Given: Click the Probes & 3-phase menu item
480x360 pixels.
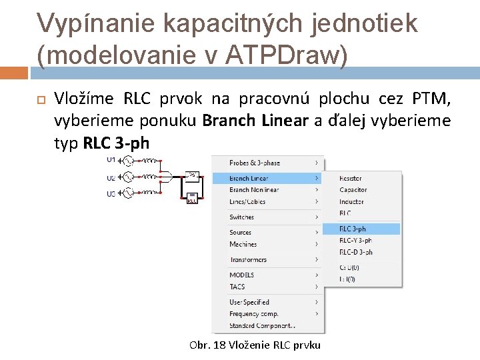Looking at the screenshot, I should pyautogui.click(x=255, y=163).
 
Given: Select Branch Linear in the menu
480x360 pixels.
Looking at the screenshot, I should pyautogui.click(x=249, y=179).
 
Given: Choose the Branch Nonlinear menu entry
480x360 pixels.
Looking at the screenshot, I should pyautogui.click(x=254, y=190).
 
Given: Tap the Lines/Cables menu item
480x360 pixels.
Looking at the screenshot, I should pyautogui.click(x=247, y=201).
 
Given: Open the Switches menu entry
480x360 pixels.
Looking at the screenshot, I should pyautogui.click(x=241, y=217).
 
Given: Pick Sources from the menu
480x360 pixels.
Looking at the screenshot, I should pyautogui.click(x=240, y=233).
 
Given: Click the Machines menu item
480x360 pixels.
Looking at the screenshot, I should pyautogui.click(x=243, y=244).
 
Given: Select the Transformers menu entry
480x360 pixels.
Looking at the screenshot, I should pyautogui.click(x=248, y=259).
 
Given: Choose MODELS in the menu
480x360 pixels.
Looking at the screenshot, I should pyautogui.click(x=241, y=275).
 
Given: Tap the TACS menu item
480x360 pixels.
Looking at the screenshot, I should pyautogui.click(x=237, y=287).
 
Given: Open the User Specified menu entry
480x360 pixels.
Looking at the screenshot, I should pyautogui.click(x=249, y=302).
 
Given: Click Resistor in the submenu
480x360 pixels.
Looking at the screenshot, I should pyautogui.click(x=351, y=179).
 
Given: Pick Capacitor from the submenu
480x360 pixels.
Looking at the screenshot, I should pyautogui.click(x=353, y=190).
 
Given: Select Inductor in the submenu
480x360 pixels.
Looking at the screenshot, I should pyautogui.click(x=351, y=201).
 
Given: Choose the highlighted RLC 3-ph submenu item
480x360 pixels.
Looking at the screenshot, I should pyautogui.click(x=353, y=229).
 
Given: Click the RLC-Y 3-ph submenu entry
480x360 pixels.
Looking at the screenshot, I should pyautogui.click(x=355, y=240).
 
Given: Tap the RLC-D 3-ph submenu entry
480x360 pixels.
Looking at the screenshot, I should pyautogui.click(x=355, y=252).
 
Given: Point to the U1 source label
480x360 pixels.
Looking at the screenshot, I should pyautogui.click(x=111, y=160).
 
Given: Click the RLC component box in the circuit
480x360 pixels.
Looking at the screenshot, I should pyautogui.click(x=191, y=198).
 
